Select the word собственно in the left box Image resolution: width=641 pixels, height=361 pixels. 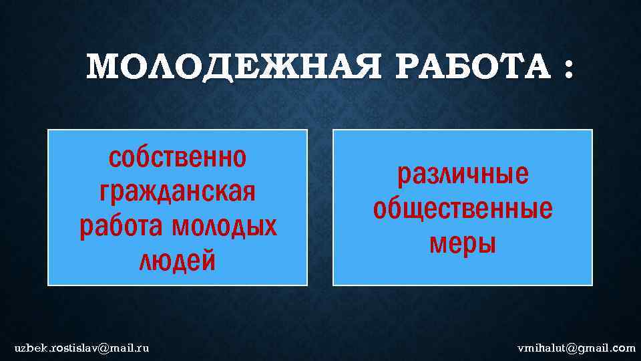[177, 158]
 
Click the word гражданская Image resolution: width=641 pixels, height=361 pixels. [177, 193]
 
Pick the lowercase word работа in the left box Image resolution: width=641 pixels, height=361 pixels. [122, 227]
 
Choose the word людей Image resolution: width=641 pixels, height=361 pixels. [177, 261]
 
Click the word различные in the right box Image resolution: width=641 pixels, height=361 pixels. [463, 174]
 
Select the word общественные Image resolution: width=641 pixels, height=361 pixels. [463, 209]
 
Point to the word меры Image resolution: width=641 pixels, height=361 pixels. [463, 243]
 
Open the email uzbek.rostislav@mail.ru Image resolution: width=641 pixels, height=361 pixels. [82, 348]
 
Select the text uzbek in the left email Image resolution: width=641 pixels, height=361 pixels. [28, 348]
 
